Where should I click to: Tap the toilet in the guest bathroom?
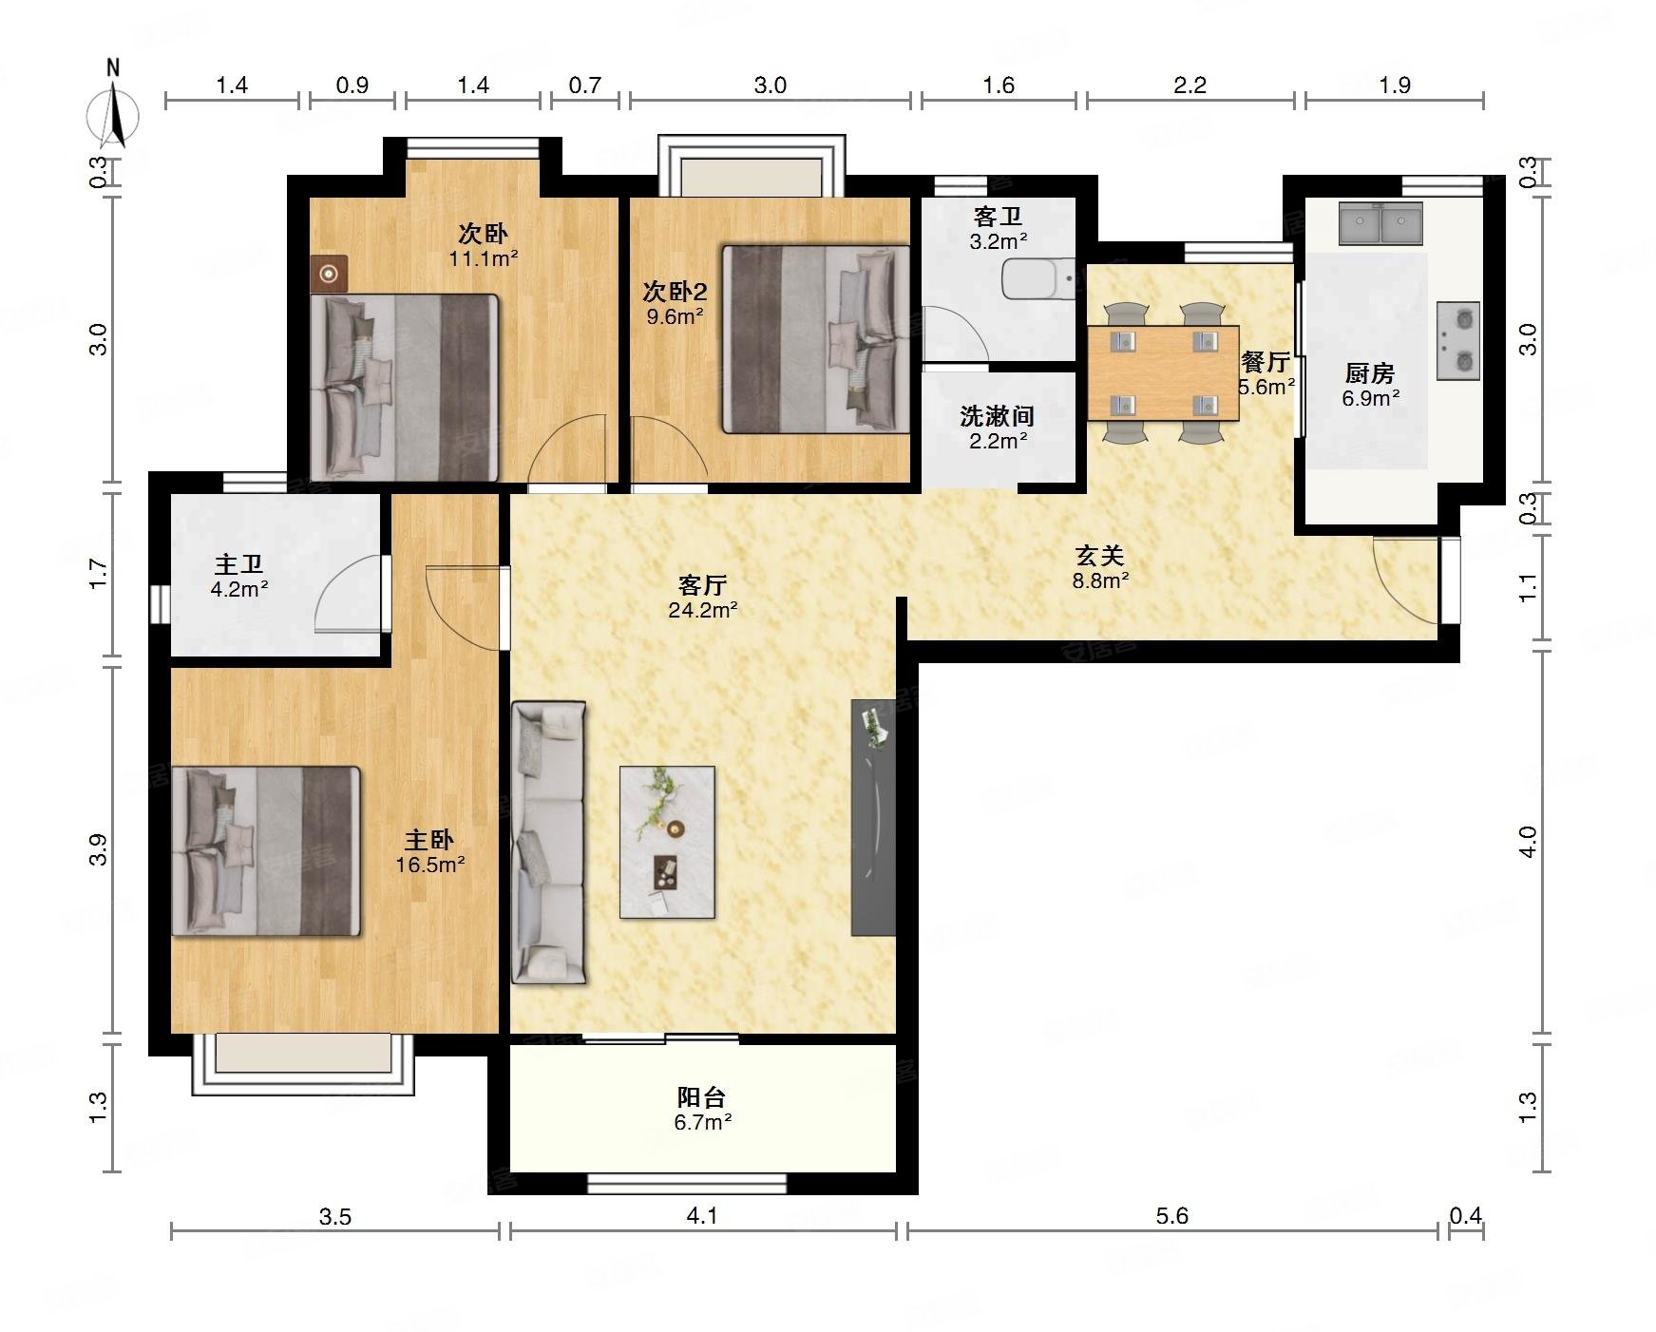pos(1038,278)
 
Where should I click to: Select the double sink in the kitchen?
pos(1380,223)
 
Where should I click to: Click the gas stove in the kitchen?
pos(1458,340)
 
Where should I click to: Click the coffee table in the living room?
pos(667,842)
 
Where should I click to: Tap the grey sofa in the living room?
pos(548,842)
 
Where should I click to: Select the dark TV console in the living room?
pos(874,817)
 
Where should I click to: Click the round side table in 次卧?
pos(329,275)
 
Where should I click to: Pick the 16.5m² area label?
pos(430,865)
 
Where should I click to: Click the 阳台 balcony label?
pos(702,1097)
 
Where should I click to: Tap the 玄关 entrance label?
pos(1100,555)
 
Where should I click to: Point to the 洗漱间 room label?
pos(997,416)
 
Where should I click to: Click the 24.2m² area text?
pos(703,610)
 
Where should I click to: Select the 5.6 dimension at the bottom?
pos(1172,1216)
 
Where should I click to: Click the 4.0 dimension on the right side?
pos(1528,842)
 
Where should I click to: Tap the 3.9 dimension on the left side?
pos(98,849)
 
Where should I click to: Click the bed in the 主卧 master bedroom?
pos(266,851)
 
